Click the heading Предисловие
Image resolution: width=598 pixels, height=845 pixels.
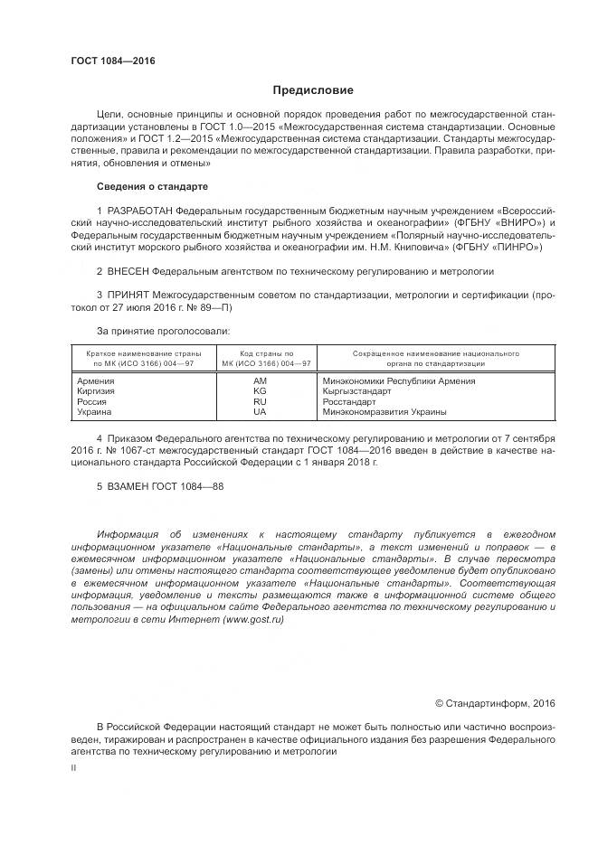(313, 90)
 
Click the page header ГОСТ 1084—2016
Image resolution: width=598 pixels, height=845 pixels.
(113, 61)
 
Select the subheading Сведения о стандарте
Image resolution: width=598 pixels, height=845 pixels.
(152, 186)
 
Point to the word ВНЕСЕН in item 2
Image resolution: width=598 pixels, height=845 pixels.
(128, 270)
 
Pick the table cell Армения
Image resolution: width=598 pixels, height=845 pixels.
(98, 381)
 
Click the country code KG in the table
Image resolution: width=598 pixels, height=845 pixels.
(260, 391)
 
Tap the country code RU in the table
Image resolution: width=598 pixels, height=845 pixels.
(260, 401)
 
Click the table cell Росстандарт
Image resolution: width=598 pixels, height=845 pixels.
(349, 401)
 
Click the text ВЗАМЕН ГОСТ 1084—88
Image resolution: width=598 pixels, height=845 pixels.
(160, 485)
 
